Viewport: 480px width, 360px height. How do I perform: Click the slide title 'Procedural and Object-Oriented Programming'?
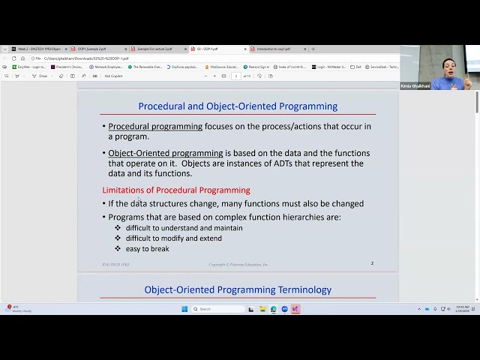click(x=238, y=106)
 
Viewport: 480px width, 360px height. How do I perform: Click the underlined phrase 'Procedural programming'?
click(x=155, y=127)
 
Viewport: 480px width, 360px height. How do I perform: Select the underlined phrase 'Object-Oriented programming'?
click(x=166, y=153)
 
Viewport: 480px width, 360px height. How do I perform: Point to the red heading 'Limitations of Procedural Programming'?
click(x=176, y=190)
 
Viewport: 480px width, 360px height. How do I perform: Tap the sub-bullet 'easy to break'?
click(x=147, y=249)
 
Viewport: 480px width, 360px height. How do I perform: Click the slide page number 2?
click(x=372, y=263)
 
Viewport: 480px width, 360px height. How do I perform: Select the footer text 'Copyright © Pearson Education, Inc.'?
click(x=238, y=264)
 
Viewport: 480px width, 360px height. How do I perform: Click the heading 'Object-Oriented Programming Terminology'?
click(x=238, y=289)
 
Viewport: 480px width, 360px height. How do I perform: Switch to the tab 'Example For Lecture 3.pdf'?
click(x=154, y=49)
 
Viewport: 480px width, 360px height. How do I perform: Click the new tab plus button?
click(x=313, y=49)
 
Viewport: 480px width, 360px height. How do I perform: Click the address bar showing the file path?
click(x=86, y=58)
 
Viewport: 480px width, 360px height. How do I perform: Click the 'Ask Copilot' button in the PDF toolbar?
click(x=113, y=76)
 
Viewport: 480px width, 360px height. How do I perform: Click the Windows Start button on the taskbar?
click(x=184, y=309)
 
